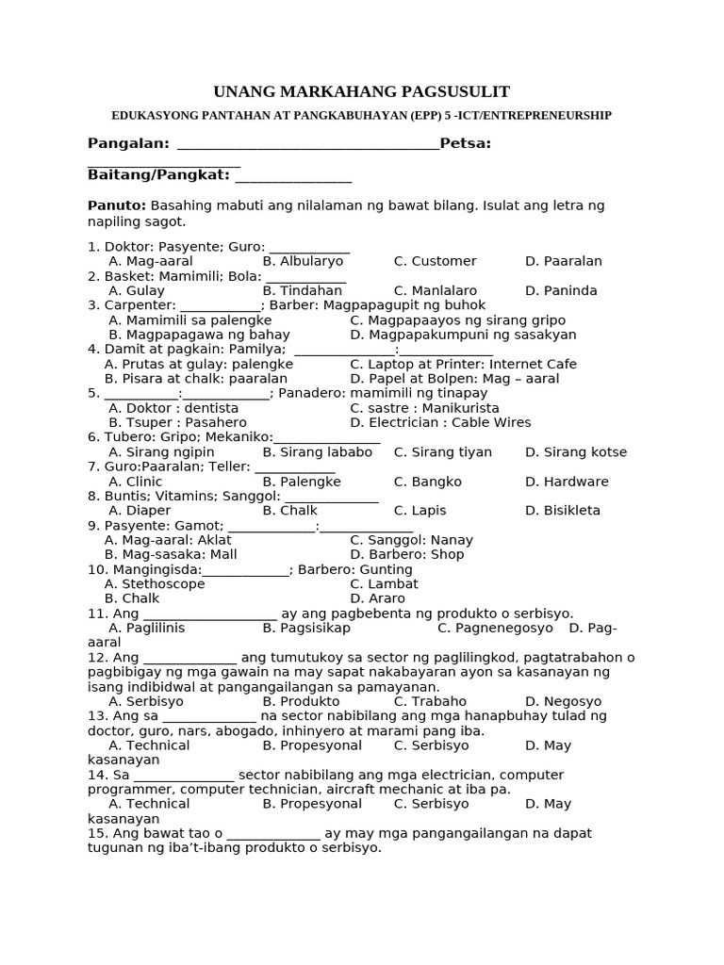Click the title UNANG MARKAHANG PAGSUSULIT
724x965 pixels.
pos(361,91)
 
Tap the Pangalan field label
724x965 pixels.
pos(128,143)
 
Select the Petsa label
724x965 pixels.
pos(465,143)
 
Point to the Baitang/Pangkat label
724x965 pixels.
pos(158,175)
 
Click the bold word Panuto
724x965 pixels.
pos(117,205)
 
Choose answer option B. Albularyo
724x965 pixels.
pos(303,261)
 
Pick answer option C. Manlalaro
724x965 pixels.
pos(435,291)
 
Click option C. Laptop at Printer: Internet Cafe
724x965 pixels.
pos(463,364)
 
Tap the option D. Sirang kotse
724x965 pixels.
pos(575,452)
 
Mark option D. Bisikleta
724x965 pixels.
pos(562,511)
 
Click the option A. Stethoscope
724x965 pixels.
pos(155,584)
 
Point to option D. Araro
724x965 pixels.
pos(377,598)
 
